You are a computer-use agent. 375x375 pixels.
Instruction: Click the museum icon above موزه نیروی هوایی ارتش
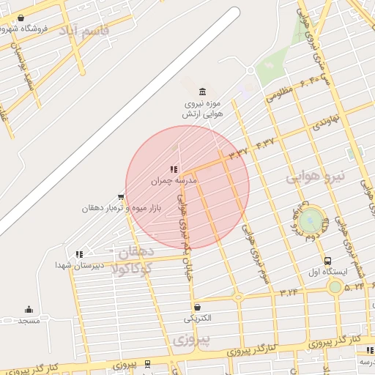pyautogui.click(x=202, y=91)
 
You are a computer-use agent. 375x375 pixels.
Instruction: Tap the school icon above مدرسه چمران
pyautogui.click(x=174, y=169)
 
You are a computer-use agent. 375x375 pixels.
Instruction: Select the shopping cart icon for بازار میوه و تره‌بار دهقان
pyautogui.click(x=121, y=196)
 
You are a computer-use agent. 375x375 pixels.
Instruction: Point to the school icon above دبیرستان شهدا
pyautogui.click(x=79, y=253)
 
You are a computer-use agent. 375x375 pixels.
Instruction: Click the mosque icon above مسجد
pyautogui.click(x=29, y=309)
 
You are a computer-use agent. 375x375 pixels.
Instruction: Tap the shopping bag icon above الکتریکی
pyautogui.click(x=197, y=307)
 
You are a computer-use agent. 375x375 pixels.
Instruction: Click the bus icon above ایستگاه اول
pyautogui.click(x=327, y=260)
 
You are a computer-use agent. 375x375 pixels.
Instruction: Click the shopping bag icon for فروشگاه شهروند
pyautogui.click(x=19, y=18)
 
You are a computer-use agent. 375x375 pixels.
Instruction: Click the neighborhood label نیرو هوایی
pyautogui.click(x=314, y=177)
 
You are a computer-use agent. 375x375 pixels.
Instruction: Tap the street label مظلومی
pyautogui.click(x=279, y=92)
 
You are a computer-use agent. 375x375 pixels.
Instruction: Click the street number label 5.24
pyautogui.click(x=354, y=286)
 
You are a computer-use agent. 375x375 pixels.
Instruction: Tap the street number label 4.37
pyautogui.click(x=265, y=141)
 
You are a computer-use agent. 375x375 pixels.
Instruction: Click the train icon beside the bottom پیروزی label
pyautogui.click(x=148, y=363)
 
